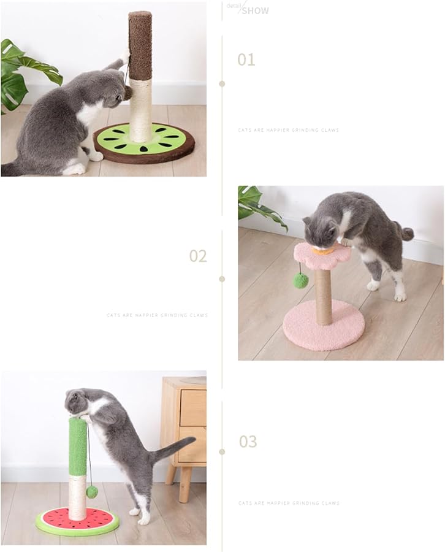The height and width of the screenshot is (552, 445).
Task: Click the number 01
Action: click(x=246, y=59)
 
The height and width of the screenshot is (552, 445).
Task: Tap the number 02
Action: click(x=197, y=256)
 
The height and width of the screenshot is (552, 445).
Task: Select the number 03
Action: click(x=248, y=442)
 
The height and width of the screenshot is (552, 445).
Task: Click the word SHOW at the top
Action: click(x=254, y=10)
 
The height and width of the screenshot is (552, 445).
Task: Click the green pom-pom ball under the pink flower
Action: click(x=300, y=280)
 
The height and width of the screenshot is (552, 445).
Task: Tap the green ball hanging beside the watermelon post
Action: click(x=92, y=491)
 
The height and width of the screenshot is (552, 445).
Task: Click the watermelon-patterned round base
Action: click(x=77, y=521)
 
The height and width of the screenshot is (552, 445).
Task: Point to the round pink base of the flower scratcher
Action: click(x=324, y=325)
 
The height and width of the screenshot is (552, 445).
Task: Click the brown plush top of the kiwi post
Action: click(x=140, y=46)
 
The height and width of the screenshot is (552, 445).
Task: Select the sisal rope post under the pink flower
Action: click(x=323, y=296)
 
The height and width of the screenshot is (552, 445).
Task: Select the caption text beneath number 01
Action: click(x=288, y=130)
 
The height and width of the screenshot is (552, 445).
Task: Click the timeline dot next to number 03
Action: click(x=222, y=451)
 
